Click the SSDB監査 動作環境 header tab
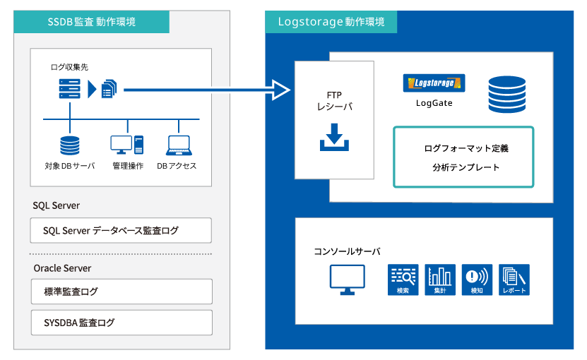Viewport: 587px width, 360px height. pos(91,22)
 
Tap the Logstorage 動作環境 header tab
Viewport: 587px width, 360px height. pos(331,22)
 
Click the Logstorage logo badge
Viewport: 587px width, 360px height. pos(434,83)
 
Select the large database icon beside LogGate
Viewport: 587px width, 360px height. pos(507,95)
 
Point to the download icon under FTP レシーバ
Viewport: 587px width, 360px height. pos(334,137)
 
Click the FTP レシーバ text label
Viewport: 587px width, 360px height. pos(334,101)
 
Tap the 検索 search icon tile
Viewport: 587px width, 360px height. pos(403,280)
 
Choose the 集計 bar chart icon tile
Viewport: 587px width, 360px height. pos(440,280)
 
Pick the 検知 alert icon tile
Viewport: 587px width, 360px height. pos(477,280)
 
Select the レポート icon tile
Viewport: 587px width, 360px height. pos(514,280)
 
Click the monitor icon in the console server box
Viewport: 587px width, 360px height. pos(347,280)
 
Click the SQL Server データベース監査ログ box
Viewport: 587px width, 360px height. pos(121,231)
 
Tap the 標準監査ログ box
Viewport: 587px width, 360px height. pos(121,292)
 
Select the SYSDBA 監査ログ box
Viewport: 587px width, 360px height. pos(121,323)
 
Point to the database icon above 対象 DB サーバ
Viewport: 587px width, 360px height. pos(70,145)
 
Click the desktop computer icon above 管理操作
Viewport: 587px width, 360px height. pos(127,145)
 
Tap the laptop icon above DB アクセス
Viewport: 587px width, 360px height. pos(179,145)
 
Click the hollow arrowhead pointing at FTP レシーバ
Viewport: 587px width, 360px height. pos(280,90)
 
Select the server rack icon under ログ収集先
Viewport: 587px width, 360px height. pos(70,89)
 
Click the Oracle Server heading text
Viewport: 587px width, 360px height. pos(62,268)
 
